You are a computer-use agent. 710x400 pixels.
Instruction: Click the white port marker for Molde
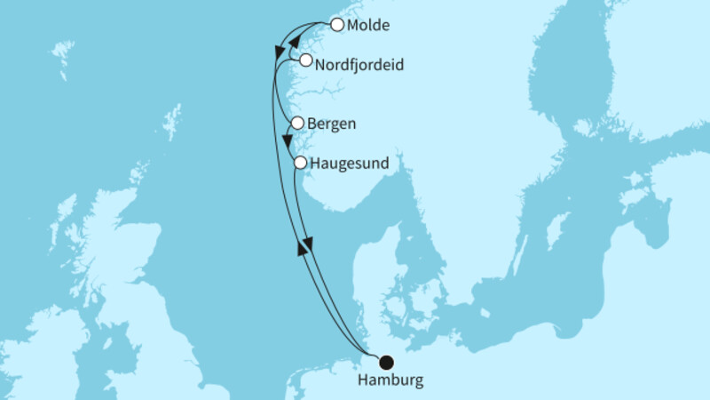click(x=336, y=25)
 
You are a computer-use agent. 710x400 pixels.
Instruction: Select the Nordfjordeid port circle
click(x=305, y=60)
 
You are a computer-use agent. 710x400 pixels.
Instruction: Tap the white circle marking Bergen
click(x=297, y=124)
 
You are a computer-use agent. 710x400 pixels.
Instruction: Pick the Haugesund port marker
click(x=301, y=163)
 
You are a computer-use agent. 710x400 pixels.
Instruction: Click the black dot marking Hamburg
click(x=386, y=362)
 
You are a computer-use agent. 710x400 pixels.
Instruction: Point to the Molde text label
click(x=368, y=26)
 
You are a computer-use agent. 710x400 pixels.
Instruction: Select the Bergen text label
click(x=331, y=124)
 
